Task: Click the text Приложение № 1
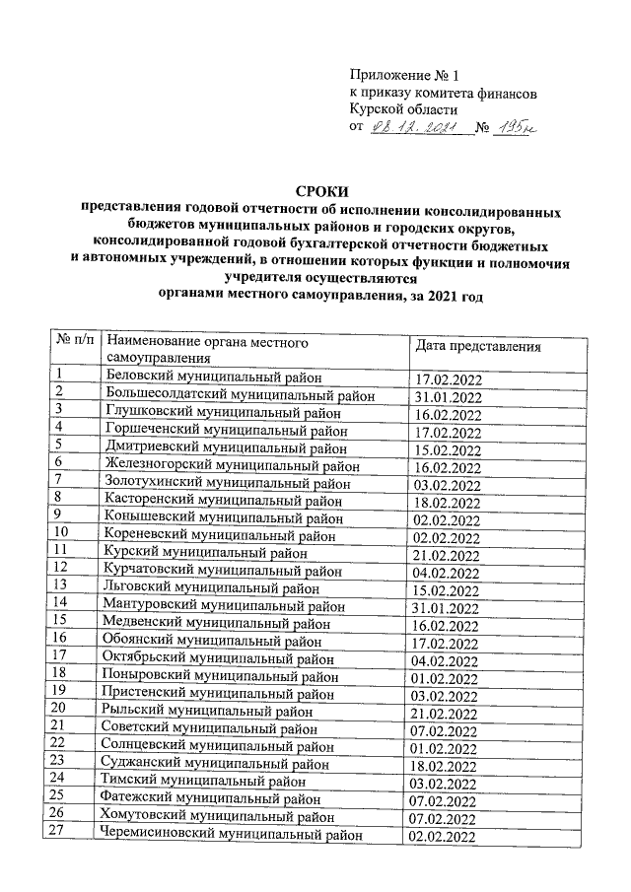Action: [404, 75]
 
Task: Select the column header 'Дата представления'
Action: [476, 348]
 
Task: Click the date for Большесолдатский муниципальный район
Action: [449, 397]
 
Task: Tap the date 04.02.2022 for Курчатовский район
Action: [449, 573]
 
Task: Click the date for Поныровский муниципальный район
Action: [449, 677]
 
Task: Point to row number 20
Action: [64, 709]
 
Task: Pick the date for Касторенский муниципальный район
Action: [449, 502]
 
